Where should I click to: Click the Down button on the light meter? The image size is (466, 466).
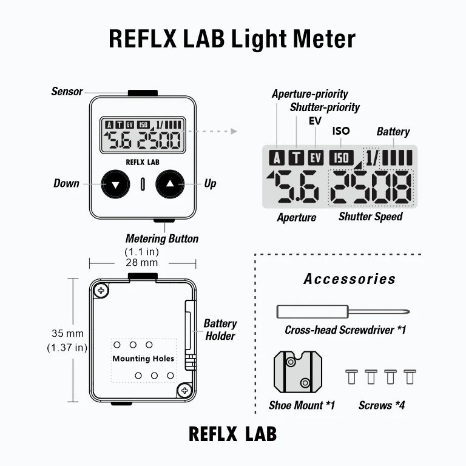[x=115, y=183]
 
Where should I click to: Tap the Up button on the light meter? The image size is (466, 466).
[x=170, y=183]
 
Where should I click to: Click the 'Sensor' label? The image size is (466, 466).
[x=67, y=92]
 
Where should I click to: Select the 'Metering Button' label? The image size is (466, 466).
[x=161, y=238]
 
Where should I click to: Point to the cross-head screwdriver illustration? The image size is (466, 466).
[x=342, y=312]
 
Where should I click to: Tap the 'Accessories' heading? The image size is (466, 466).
[x=349, y=279]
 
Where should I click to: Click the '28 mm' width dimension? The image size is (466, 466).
[x=143, y=263]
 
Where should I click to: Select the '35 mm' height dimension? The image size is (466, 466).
[x=67, y=333]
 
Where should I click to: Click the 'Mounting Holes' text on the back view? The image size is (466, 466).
[x=143, y=359]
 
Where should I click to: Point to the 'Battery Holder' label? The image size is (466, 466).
[x=220, y=329]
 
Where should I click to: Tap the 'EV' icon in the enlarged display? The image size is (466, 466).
[x=316, y=158]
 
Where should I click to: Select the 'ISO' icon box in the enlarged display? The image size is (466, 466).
[x=341, y=158]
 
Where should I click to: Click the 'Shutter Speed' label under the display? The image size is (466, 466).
[x=370, y=217]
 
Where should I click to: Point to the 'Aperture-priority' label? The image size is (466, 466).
[x=309, y=94]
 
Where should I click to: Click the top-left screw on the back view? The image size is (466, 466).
[x=101, y=291]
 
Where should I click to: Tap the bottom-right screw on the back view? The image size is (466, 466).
[x=184, y=390]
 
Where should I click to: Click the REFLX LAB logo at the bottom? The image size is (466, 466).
[x=232, y=434]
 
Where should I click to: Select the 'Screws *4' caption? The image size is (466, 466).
[x=382, y=405]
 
